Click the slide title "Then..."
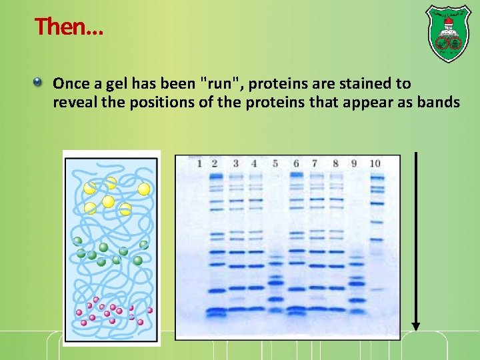click(69, 27)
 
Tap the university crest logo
click(447, 34)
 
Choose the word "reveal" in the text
click(74, 102)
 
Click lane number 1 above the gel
click(199, 163)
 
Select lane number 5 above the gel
click(275, 163)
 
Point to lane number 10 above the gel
click(375, 163)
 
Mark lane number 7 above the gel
click(315, 163)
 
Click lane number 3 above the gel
click(235, 163)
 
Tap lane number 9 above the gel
click(353, 163)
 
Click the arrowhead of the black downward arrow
click(416, 326)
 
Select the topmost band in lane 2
click(215, 177)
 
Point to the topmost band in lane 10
click(377, 177)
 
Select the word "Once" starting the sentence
click(71, 84)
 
